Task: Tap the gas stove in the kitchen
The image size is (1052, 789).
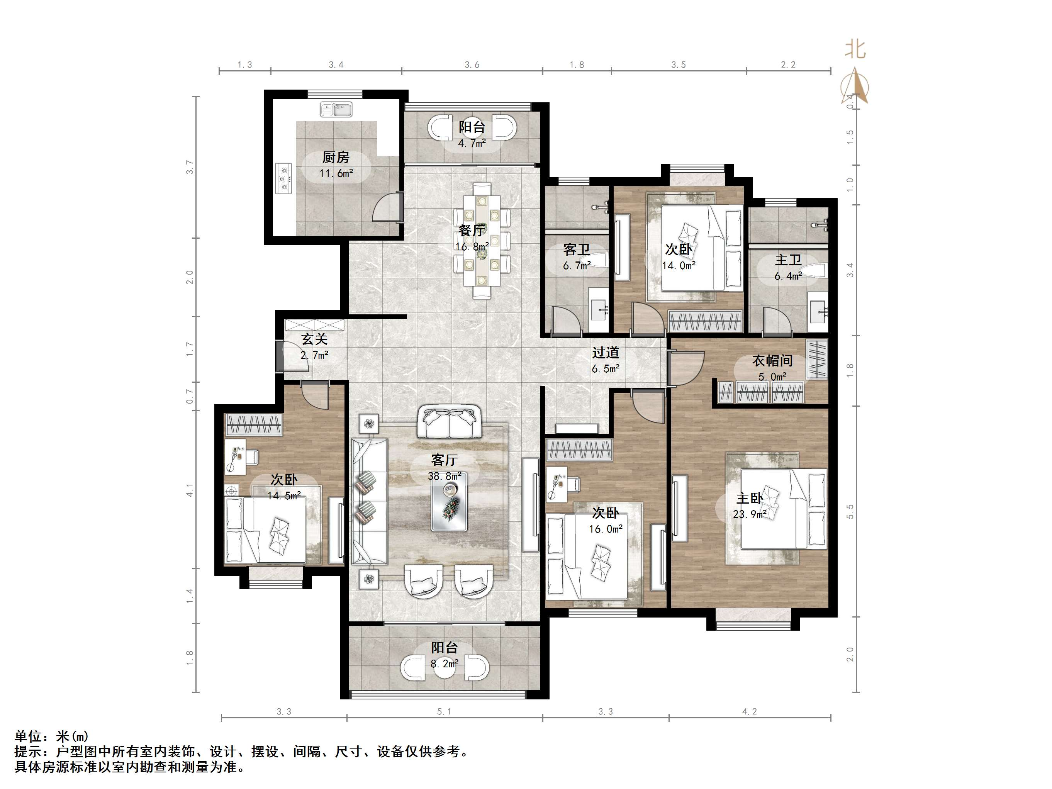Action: [284, 178]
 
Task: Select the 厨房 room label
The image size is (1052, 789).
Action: [336, 157]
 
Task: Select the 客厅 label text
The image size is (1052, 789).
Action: [444, 460]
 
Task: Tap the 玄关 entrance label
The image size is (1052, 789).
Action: [314, 339]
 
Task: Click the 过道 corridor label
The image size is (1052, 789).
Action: [606, 353]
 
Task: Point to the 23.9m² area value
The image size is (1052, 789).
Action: [750, 514]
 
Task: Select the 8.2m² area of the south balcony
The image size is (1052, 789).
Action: [444, 663]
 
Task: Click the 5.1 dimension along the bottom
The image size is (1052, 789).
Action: [444, 711]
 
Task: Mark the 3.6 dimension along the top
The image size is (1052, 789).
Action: [472, 64]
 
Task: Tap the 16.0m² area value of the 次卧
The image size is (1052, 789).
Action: [606, 529]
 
